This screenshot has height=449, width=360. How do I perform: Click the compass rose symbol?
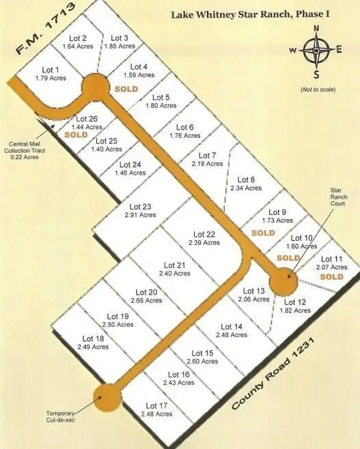316,50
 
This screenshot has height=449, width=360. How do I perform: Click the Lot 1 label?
51,70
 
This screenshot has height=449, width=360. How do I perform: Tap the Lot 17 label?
156,405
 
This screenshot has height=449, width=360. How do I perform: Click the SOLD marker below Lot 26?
77,134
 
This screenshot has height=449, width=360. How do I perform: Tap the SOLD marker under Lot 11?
331,277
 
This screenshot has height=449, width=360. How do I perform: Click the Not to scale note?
317,90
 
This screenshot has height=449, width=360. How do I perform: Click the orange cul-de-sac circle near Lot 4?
95,87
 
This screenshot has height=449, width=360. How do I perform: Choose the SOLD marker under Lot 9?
263,233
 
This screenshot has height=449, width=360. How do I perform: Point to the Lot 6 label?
185,127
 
